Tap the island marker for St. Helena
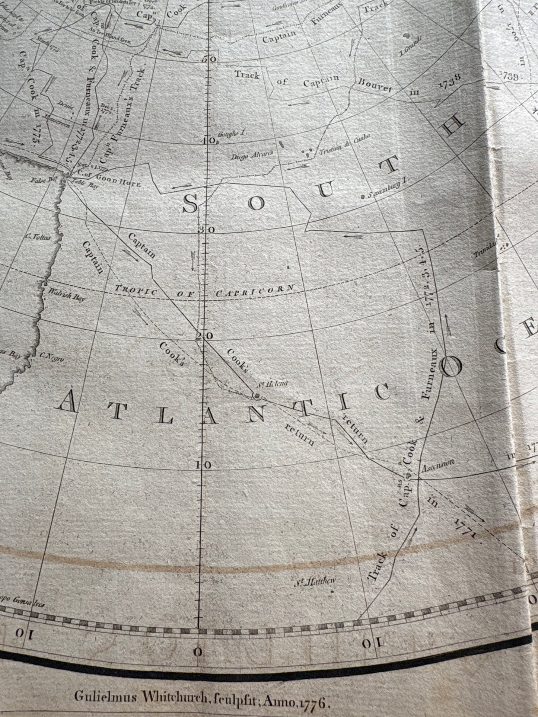(x=257, y=395)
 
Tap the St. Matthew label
(x=316, y=581)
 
